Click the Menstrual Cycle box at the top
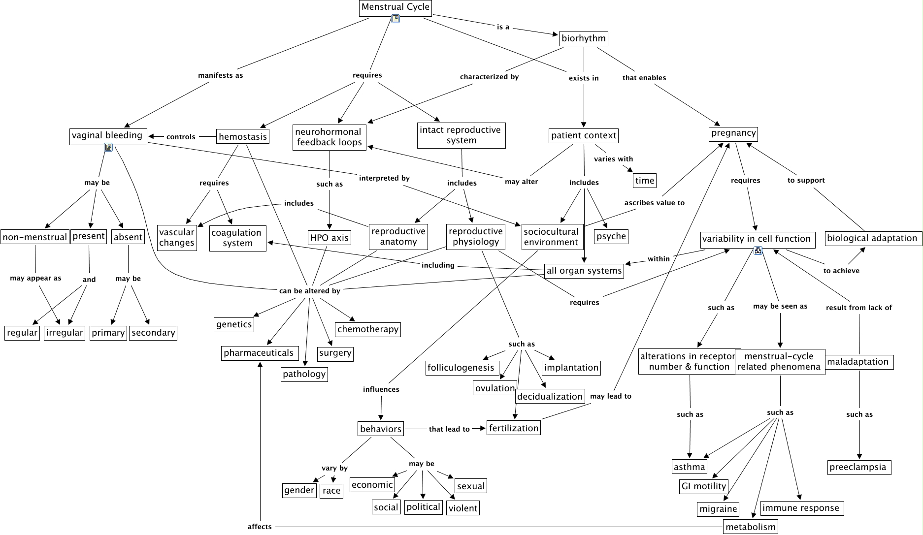point(396,7)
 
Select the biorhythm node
point(584,38)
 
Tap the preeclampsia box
point(859,467)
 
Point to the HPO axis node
point(329,238)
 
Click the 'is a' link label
point(503,27)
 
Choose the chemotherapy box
point(368,329)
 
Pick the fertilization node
point(514,428)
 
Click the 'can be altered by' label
point(309,290)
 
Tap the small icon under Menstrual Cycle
point(395,19)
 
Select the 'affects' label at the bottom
point(260,527)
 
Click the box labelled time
point(645,181)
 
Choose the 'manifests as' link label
point(221,75)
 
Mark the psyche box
point(611,236)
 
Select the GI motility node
point(704,486)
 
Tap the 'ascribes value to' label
point(654,202)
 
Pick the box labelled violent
point(462,508)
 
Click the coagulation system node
point(238,238)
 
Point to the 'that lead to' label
point(449,429)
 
